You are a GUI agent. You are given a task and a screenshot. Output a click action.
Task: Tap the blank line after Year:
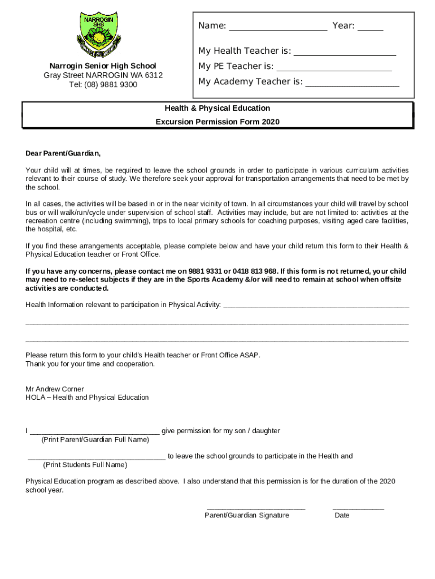370,28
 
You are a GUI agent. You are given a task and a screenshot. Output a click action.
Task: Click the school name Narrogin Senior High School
103,66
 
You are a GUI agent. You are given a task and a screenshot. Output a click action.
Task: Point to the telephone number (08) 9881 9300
111,85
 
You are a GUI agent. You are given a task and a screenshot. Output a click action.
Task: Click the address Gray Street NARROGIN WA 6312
103,76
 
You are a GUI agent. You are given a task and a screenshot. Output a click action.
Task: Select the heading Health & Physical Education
217,108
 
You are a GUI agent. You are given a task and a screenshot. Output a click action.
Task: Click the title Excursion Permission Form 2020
217,122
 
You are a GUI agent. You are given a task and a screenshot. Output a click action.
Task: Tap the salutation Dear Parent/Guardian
63,153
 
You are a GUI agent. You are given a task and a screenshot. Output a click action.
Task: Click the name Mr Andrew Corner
55,389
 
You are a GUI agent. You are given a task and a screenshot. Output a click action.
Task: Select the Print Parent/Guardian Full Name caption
95,439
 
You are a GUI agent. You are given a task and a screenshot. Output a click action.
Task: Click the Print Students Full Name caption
85,465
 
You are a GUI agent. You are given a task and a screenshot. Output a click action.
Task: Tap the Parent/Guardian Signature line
256,509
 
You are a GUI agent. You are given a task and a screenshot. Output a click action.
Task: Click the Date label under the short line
342,515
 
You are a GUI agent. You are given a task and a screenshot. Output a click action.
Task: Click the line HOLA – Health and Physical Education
87,397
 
